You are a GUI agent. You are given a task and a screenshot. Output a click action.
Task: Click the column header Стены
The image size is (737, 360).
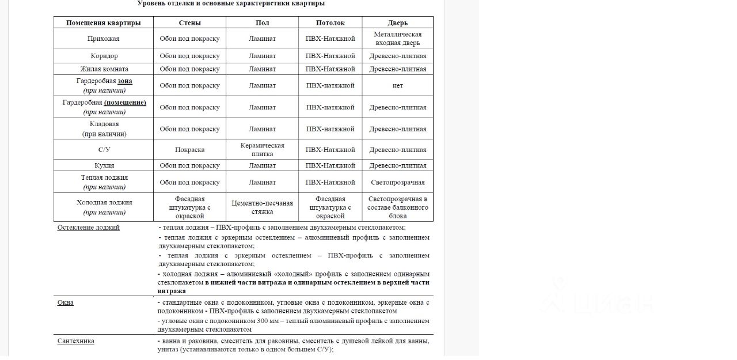pos(189,22)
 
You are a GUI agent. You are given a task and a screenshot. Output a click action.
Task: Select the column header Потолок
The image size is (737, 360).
pos(330,22)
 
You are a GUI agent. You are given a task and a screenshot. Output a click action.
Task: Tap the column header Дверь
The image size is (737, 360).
pos(397,22)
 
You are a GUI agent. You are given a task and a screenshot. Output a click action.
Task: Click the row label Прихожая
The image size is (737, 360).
pos(103,39)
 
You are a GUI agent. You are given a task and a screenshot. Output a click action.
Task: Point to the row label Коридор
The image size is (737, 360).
pos(104,56)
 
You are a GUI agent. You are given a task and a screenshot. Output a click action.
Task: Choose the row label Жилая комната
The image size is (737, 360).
pos(104,69)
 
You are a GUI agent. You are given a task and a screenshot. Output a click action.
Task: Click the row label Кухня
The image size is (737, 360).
pos(104,165)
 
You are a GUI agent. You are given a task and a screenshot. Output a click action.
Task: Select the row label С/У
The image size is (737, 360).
pos(104,150)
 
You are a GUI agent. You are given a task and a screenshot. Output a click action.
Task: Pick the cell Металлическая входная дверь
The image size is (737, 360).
pos(397,39)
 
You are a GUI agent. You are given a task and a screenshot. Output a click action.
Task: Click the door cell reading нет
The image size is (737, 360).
pos(397,85)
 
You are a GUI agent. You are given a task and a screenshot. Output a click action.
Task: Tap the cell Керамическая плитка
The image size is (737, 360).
pos(262,150)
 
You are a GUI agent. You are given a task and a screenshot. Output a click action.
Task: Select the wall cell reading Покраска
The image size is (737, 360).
pos(189,150)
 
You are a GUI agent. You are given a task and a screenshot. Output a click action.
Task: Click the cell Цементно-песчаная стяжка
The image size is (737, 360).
pos(262,207)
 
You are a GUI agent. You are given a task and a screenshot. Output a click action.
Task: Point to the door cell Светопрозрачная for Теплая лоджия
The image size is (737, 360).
pos(397,183)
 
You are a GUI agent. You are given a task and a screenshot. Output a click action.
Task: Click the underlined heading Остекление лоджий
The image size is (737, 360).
pos(88,228)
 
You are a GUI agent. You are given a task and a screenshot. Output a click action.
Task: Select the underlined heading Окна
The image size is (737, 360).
pos(65,302)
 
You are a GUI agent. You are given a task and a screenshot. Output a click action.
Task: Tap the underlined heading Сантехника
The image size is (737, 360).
pos(75,341)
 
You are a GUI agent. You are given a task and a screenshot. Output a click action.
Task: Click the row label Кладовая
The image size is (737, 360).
pos(104,124)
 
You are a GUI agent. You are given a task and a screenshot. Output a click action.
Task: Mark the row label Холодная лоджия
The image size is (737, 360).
pos(104,202)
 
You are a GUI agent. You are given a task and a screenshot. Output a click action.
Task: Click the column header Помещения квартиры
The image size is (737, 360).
pos(103,22)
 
